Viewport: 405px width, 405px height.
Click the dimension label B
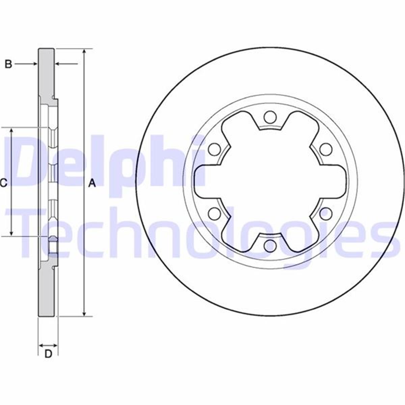coord(8,64)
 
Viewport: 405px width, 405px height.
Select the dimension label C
coord(3,183)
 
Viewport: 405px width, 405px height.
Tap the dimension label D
coord(48,354)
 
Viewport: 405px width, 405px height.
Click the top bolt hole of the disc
coord(269,117)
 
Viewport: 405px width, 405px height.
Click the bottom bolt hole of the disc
coord(269,246)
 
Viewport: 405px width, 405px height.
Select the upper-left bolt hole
coord(214,149)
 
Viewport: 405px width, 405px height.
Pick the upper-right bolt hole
coord(325,149)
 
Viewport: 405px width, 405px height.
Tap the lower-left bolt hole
coord(214,213)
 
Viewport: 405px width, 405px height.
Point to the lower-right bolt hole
coord(325,213)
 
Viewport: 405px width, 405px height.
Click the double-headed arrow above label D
coord(48,345)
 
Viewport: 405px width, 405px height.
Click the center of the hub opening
coord(269,182)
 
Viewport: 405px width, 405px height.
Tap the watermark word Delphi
coord(105,162)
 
